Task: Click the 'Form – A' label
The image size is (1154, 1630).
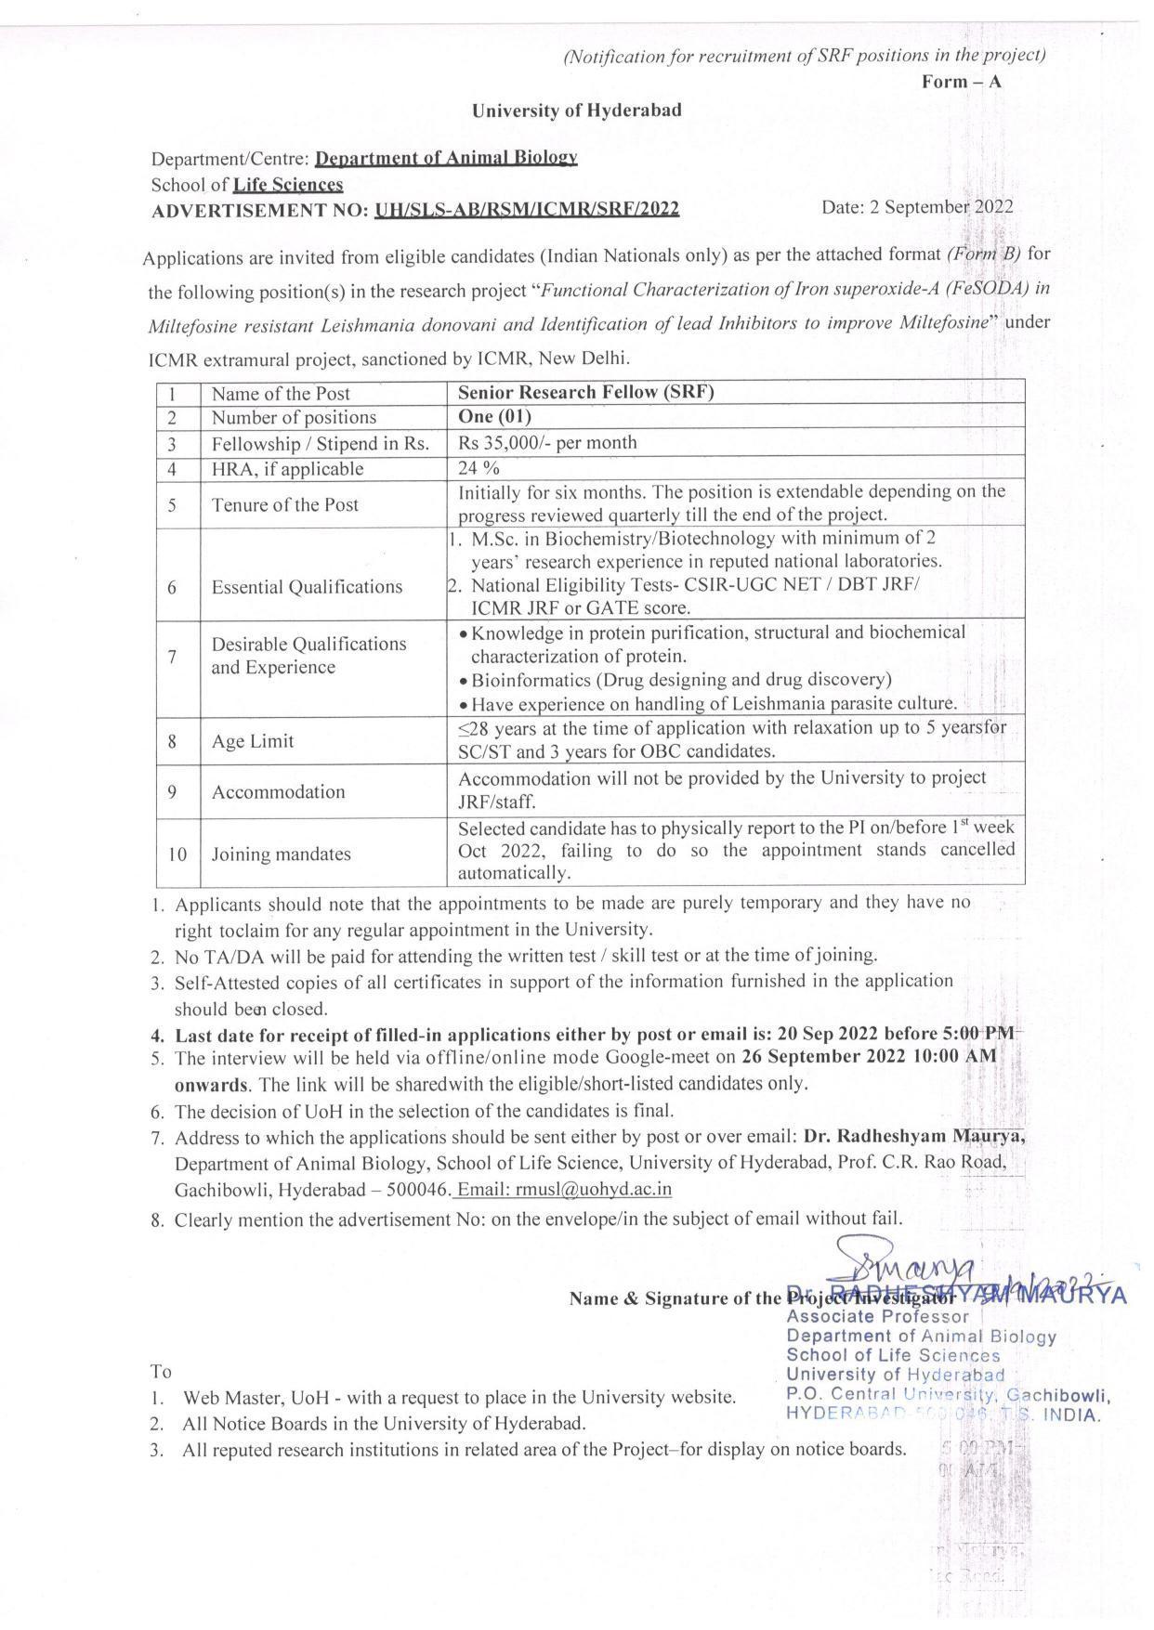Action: tap(961, 82)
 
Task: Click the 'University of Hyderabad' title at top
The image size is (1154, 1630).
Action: tap(576, 111)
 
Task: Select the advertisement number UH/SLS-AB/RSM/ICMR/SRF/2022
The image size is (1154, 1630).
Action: tap(527, 210)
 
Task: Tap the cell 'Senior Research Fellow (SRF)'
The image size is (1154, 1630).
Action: tap(585, 392)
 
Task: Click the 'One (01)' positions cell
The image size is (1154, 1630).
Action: tap(494, 417)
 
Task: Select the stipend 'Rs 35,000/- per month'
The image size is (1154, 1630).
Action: tap(547, 443)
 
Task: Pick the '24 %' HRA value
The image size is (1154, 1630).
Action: tap(479, 469)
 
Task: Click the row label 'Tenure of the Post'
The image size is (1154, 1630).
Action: tap(285, 504)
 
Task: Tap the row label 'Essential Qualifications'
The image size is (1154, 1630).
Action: tap(307, 587)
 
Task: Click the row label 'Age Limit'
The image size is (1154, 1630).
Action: tap(252, 741)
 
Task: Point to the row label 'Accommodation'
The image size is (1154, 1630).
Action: tap(278, 792)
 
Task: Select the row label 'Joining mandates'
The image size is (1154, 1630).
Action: tap(281, 854)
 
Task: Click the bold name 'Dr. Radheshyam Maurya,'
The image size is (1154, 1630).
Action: tap(914, 1136)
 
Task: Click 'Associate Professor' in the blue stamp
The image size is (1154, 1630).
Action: tap(877, 1316)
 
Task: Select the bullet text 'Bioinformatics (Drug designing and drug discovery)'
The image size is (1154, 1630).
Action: tap(681, 680)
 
